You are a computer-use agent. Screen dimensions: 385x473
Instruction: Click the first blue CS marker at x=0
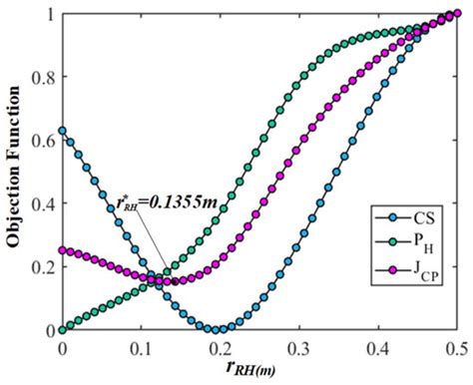[62, 131]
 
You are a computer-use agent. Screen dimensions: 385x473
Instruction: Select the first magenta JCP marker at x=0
[62, 250]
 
